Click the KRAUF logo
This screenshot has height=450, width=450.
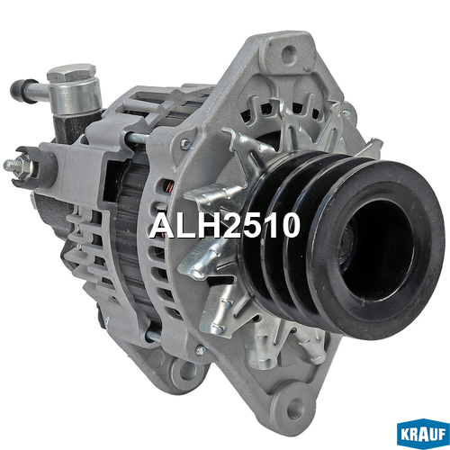coord(423,434)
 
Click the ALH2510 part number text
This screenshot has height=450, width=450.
coord(225,225)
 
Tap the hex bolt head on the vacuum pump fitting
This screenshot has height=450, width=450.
coord(71,73)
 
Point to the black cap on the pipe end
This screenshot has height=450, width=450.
coord(22,91)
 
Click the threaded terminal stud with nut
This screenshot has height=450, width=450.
coord(15,166)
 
